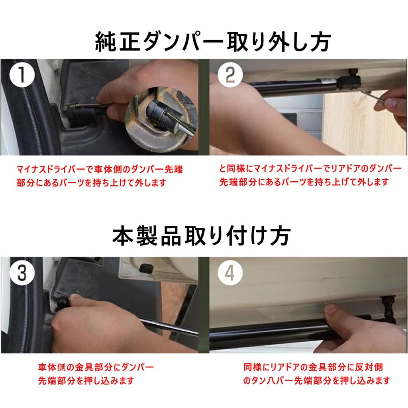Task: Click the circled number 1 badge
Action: pos(22,75)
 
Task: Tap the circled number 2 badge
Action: pos(230,75)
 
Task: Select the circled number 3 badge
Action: pos(22,273)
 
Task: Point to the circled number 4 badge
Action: pos(230,273)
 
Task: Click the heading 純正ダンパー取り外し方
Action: pos(213,41)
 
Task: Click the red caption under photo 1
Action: pos(100,176)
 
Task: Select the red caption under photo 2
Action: pos(310,175)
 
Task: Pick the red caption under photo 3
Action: pos(96,374)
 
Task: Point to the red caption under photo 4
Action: pos(317,374)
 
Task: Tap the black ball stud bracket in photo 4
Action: pos(388,310)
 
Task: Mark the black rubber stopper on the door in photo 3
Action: pos(145,269)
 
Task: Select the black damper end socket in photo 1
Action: pos(78,114)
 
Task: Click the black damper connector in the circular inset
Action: pos(156,110)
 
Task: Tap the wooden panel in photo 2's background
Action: pos(364,122)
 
